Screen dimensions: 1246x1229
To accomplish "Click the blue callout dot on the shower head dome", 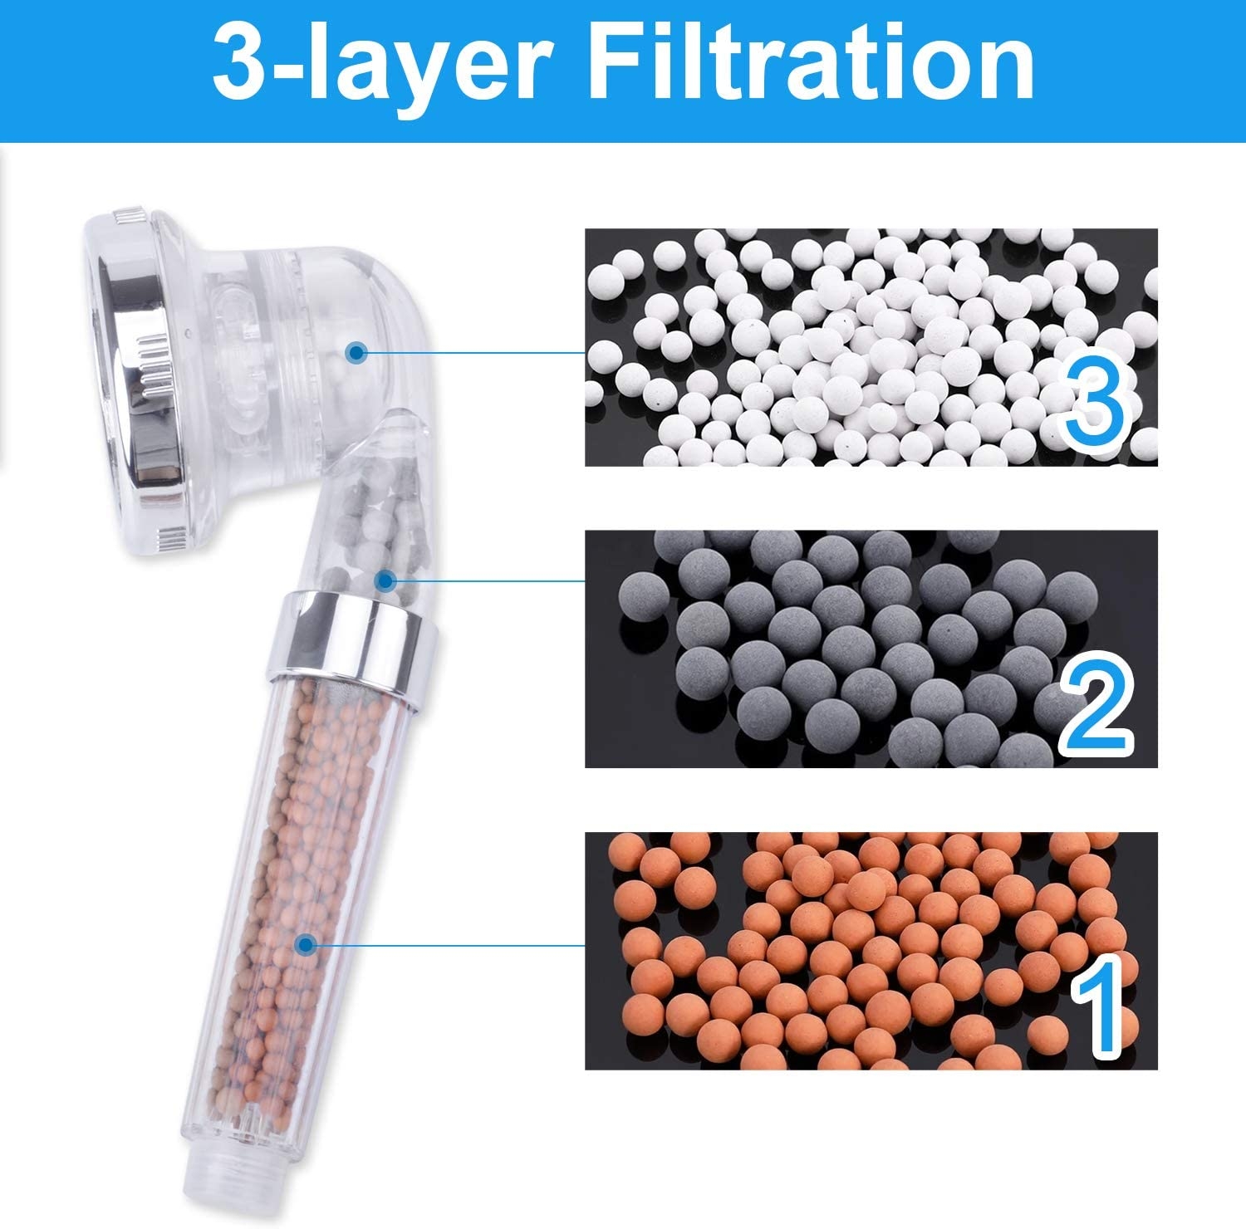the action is [357, 353].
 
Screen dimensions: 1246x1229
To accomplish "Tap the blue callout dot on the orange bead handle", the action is [307, 944].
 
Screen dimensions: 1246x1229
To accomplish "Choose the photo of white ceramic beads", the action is [871, 347].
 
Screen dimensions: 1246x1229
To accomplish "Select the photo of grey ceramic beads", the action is [871, 649].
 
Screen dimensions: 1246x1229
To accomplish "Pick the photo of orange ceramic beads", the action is [871, 950].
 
